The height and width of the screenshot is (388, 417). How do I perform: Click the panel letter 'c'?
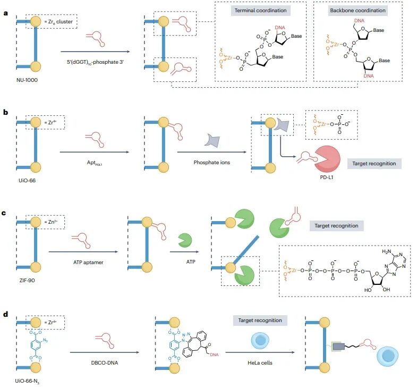[x=4, y=213]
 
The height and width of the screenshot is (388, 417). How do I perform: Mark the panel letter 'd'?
[x=4, y=314]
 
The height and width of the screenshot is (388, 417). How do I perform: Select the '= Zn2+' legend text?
[x=51, y=222]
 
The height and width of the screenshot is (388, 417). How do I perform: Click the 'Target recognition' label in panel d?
[x=260, y=320]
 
